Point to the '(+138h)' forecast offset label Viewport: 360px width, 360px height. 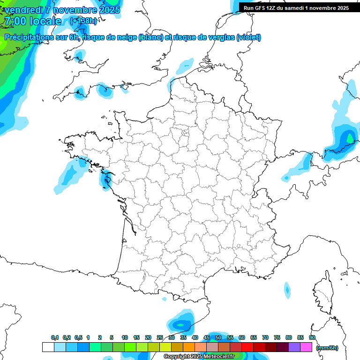coord(83,21)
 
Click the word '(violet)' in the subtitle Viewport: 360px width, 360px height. coord(248,37)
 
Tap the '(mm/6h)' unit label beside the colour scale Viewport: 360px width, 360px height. coord(327,348)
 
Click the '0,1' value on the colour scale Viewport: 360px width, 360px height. coord(55,337)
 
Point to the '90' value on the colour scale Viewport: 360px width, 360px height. coord(312,337)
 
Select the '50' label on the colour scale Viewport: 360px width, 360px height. coord(218,337)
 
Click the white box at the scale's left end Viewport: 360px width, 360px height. coord(48,347)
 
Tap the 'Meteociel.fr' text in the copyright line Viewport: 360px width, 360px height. coord(219,357)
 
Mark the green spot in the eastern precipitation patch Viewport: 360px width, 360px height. coord(349,138)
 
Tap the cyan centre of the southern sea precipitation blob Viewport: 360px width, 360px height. coord(180,324)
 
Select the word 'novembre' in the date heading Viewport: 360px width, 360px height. coord(75,10)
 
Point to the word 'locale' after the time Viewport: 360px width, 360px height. coord(45,21)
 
